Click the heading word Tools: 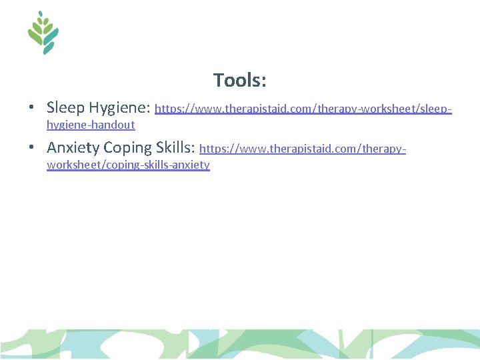pos(240,81)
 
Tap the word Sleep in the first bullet pos(65,107)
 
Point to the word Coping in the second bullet pos(128,147)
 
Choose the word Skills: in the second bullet pos(175,147)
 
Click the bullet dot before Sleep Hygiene pos(31,107)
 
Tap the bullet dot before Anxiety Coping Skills pos(31,148)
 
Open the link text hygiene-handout pos(91,125)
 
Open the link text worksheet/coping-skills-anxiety pos(128,165)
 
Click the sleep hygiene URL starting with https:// pos(303,108)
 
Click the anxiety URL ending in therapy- pos(303,149)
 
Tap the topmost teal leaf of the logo pos(41,14)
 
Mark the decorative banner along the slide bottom pos(240,344)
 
